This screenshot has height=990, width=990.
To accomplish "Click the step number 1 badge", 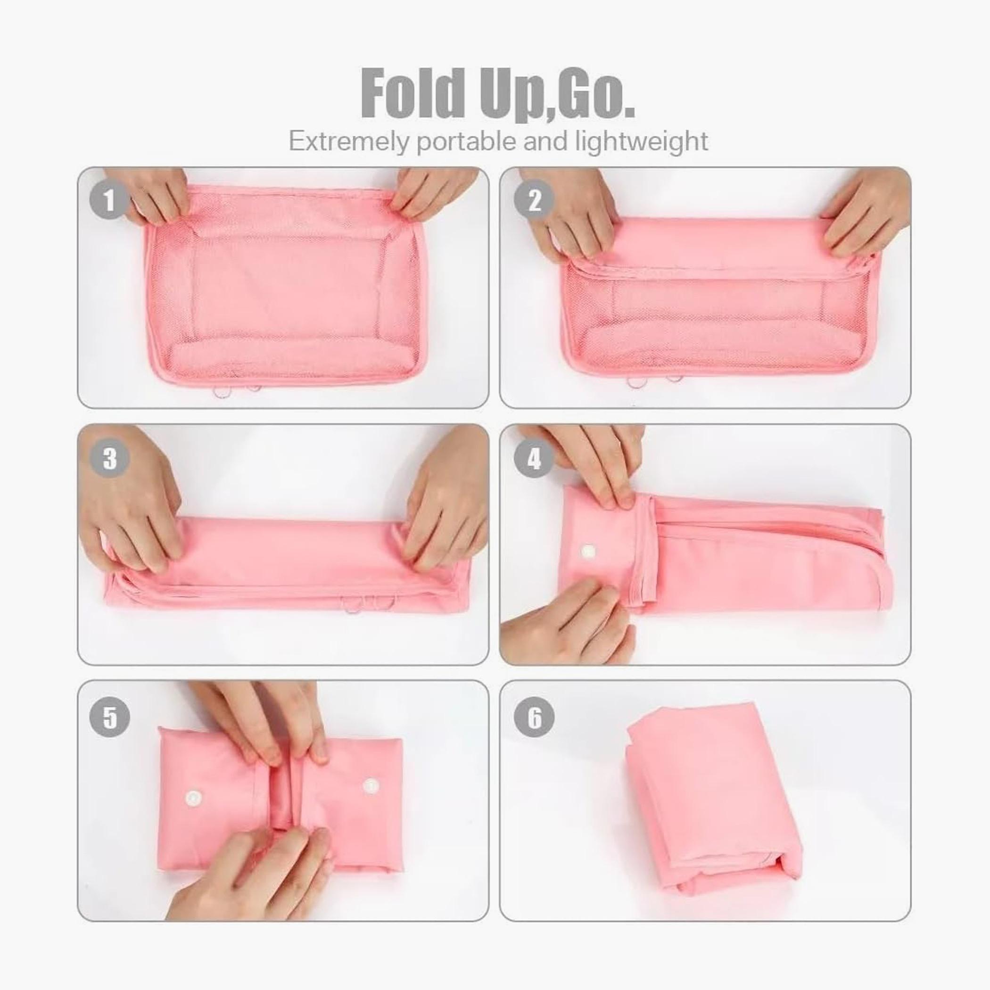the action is coord(109,200).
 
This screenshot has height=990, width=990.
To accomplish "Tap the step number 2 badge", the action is coord(534,200).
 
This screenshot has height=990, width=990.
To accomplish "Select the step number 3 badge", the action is coord(109,458).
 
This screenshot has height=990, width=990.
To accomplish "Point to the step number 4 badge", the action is coord(534,458).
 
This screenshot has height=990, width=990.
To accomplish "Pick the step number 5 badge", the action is coord(109,717).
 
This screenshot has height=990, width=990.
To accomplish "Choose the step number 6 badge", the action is coord(534,717).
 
